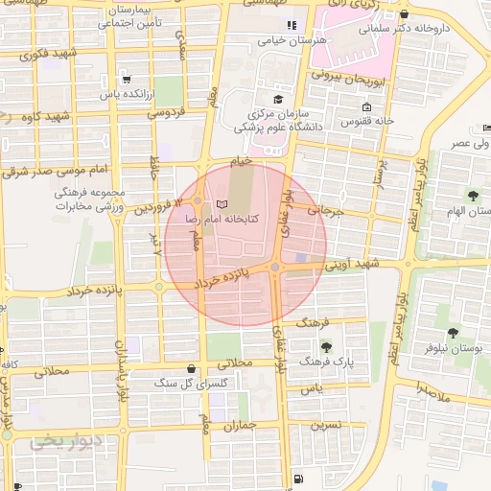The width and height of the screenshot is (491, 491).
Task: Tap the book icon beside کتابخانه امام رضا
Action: point(223,204)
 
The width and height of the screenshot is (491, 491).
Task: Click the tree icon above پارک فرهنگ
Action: point(328,347)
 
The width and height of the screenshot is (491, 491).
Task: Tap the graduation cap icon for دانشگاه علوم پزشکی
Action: point(279,99)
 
